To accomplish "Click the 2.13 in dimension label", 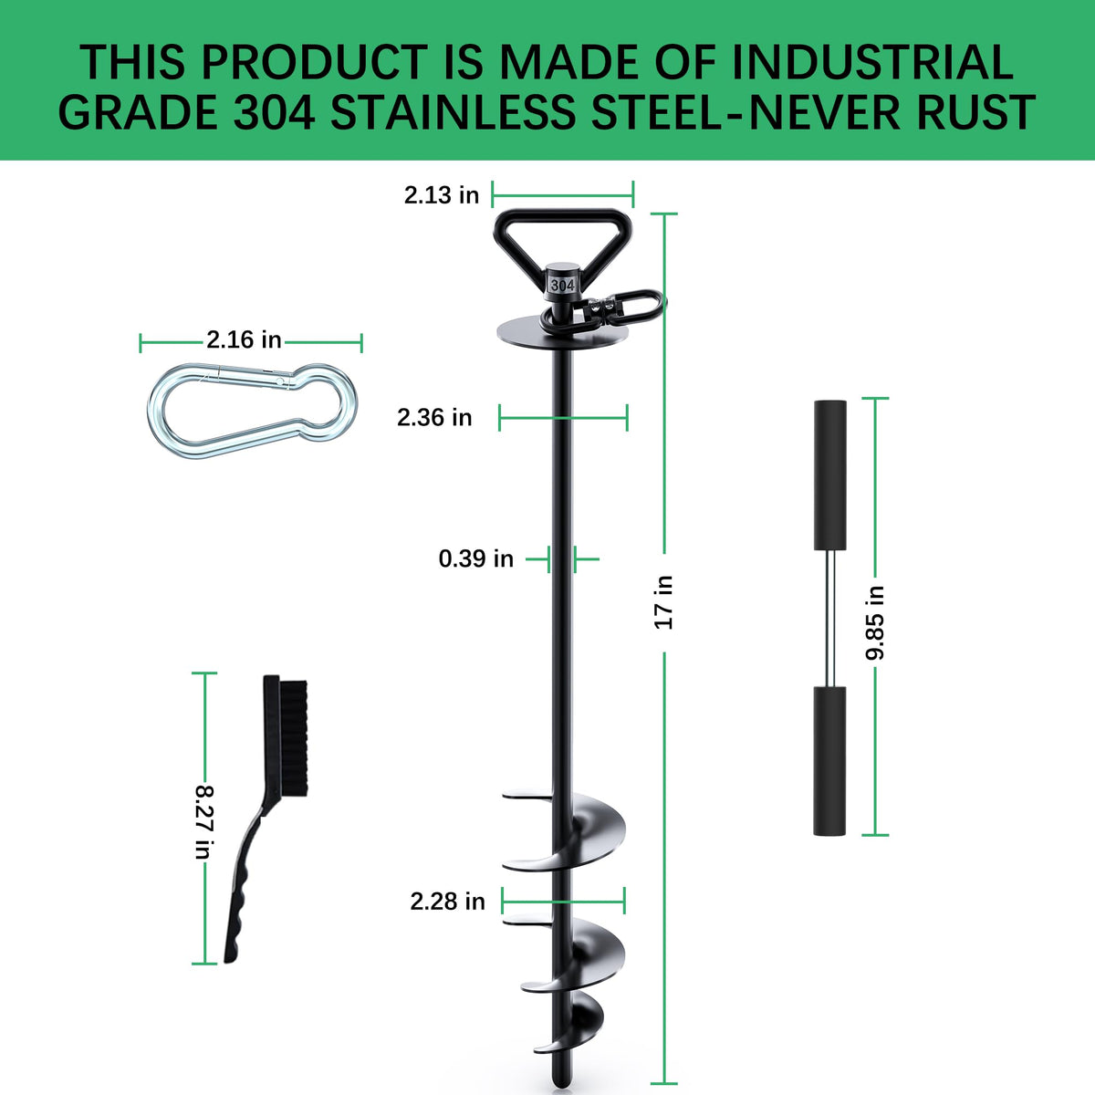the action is point(442,195).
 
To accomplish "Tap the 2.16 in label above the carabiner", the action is point(244,339).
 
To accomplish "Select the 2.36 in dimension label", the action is point(434,418).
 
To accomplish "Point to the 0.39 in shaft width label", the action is point(475,558).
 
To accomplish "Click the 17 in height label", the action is point(663,601).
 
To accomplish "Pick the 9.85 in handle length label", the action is point(874,623).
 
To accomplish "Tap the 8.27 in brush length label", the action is point(204,821).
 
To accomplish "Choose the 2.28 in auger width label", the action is point(447,902).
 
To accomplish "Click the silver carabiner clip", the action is point(252,411).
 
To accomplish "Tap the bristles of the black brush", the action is point(294,737).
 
